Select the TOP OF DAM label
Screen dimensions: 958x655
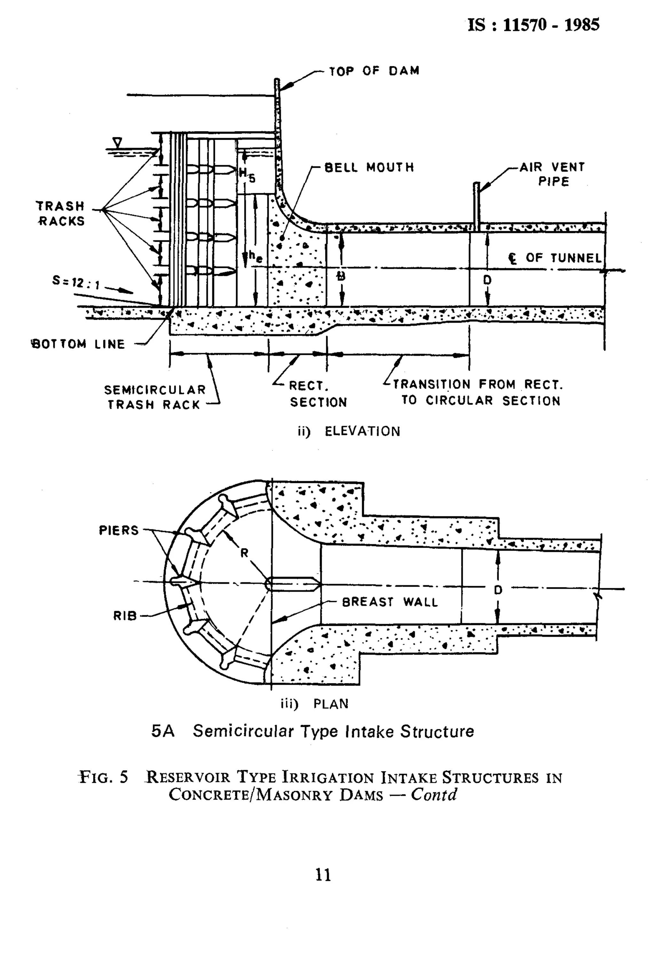374,71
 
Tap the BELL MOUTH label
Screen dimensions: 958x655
369,167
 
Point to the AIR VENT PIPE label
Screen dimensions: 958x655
552,174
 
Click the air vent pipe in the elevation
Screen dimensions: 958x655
477,206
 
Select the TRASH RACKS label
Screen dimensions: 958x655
60,213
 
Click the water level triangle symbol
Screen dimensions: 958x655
118,143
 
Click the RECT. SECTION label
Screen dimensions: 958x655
318,394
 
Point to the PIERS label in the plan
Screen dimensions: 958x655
119,530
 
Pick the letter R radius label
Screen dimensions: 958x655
245,553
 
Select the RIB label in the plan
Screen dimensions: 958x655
125,616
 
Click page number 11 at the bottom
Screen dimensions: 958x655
323,875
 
